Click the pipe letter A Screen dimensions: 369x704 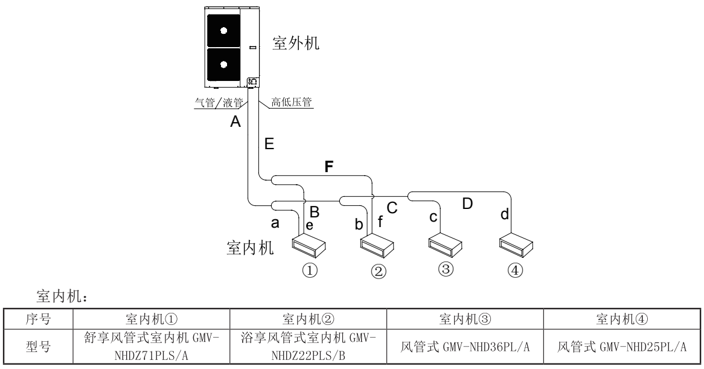pyautogui.click(x=235, y=123)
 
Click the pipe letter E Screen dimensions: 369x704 pyautogui.click(x=269, y=144)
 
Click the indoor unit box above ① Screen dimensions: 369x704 pyautogui.click(x=309, y=245)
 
